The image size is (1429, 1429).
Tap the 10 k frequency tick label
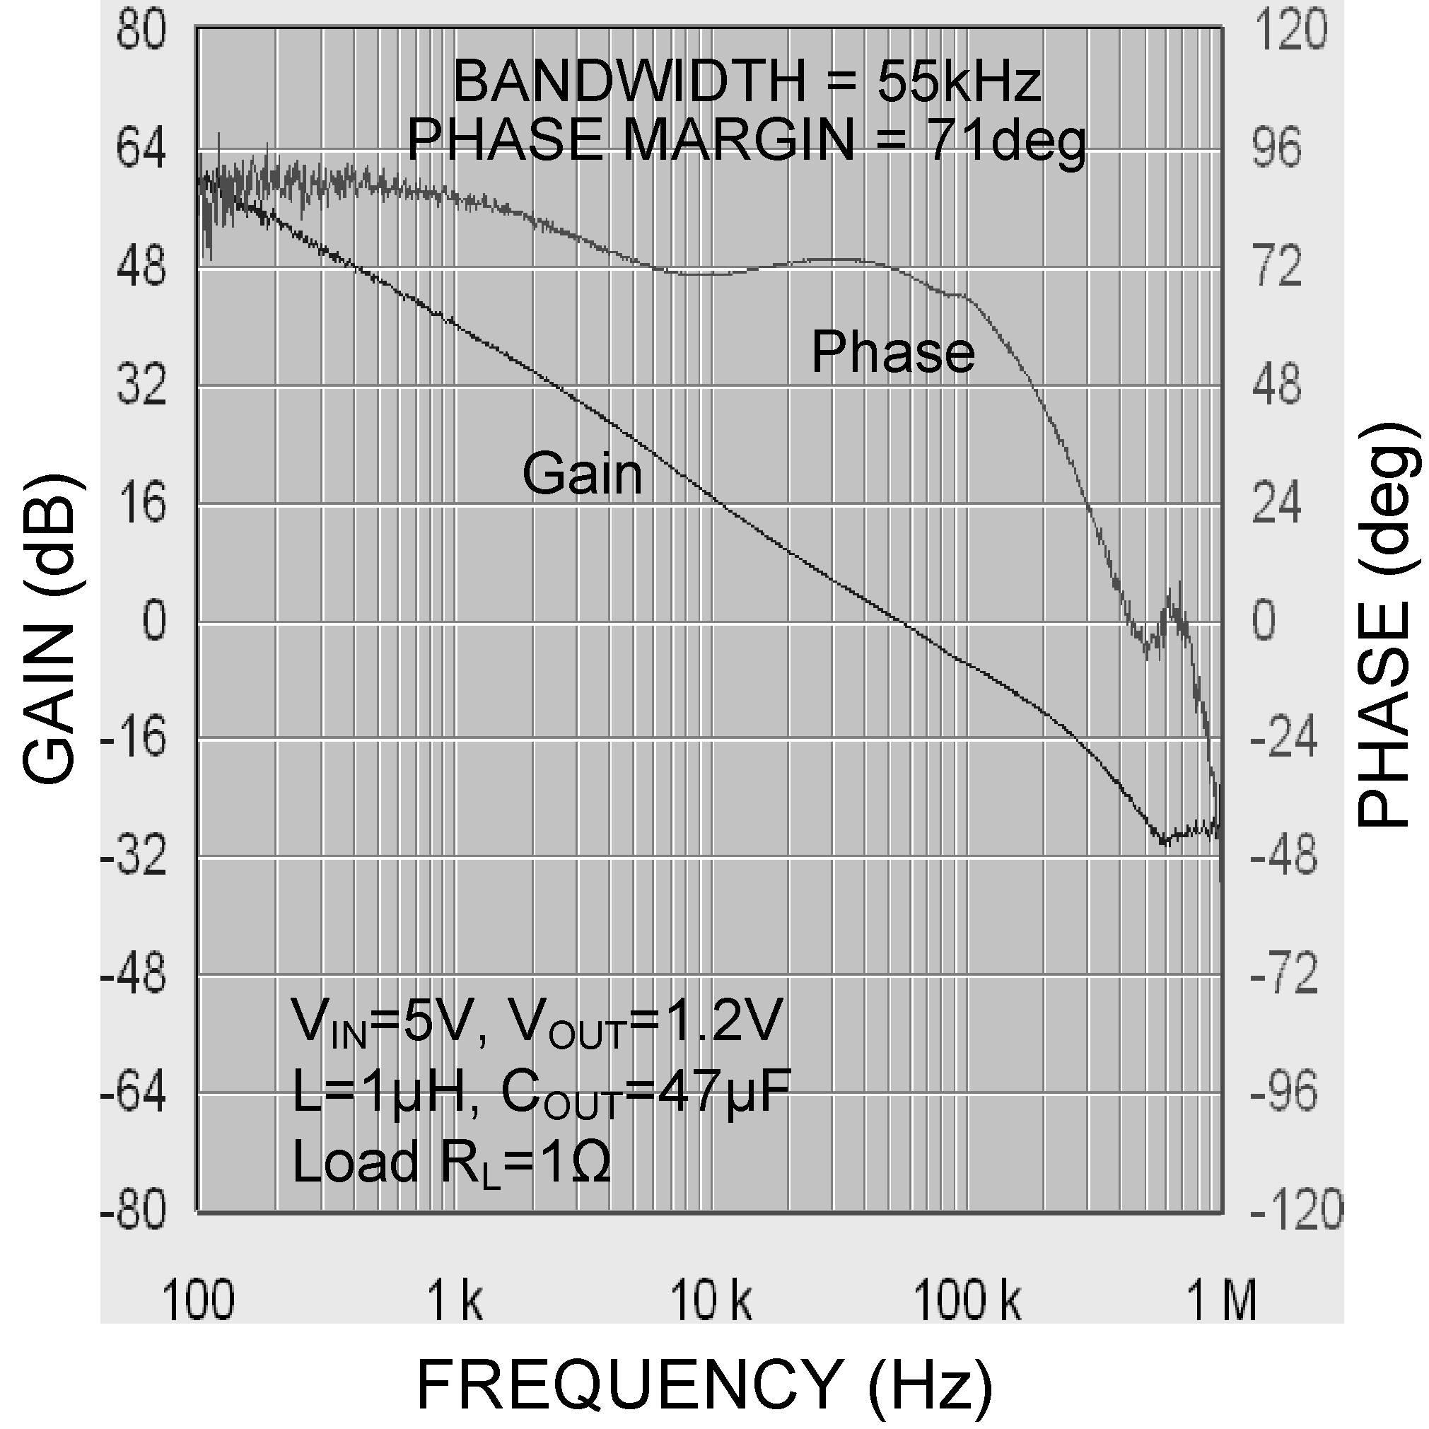tap(711, 1301)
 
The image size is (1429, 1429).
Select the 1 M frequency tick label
tap(1222, 1301)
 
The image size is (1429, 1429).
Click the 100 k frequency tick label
tap(967, 1301)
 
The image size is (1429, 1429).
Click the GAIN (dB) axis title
tap(50, 629)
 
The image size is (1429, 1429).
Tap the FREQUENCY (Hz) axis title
tap(704, 1384)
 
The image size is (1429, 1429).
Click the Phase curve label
tap(893, 352)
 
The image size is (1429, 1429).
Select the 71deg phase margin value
tap(1008, 141)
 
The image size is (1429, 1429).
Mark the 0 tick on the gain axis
tap(154, 622)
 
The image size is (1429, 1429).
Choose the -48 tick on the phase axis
tap(1284, 856)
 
